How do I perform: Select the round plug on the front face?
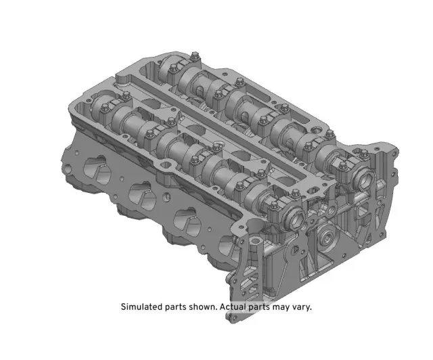(327, 237)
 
